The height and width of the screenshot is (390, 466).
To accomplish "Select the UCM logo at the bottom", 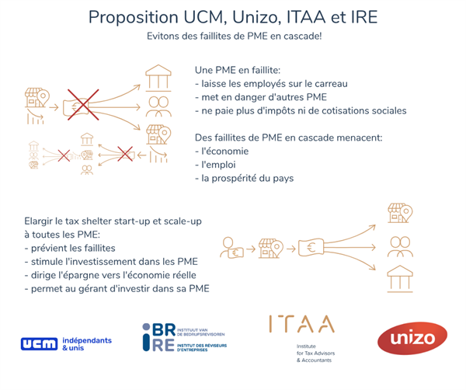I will (39, 342).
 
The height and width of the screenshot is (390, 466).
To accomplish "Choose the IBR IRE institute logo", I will (184, 340).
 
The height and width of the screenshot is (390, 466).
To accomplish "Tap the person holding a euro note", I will (232, 249).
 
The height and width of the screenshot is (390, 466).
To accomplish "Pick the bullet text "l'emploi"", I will (219, 165).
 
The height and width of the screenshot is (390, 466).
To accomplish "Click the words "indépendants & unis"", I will (86, 345).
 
